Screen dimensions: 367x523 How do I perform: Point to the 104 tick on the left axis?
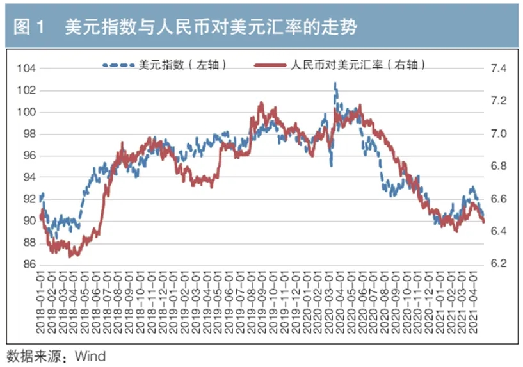[26, 69]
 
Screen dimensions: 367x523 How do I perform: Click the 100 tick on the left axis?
[26, 112]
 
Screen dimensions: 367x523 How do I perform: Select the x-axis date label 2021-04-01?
[474, 301]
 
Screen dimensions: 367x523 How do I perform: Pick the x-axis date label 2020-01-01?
[308, 301]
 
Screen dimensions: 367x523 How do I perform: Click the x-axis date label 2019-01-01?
[175, 301]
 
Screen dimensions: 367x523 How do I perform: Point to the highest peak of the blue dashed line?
[335, 84]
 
